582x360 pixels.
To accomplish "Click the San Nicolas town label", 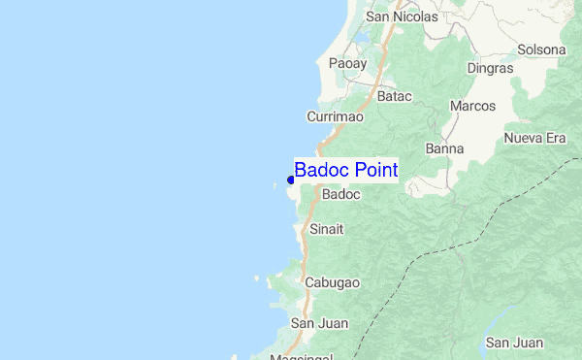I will tap(402, 16).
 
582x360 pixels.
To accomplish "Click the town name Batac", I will tap(395, 97).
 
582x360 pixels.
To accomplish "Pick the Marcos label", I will tap(473, 106).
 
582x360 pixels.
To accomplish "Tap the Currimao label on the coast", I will tap(335, 116).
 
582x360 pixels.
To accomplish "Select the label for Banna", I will tap(444, 148).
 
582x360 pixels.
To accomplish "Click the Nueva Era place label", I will tap(534, 139).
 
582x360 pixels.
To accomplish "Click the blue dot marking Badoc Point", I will tap(291, 180).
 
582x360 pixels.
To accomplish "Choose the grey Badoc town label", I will tap(340, 194).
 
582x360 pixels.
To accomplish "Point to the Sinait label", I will tap(326, 230).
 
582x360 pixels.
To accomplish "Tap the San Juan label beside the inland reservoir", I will tap(514, 343).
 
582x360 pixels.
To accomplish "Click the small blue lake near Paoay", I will tap(362, 40).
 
